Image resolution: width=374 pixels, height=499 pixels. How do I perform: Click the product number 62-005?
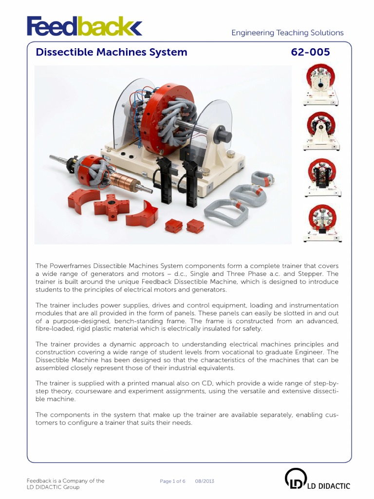tap(310, 52)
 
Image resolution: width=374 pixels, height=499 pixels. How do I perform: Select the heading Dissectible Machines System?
tap(112, 52)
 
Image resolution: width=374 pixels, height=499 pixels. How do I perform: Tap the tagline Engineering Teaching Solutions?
tap(287, 33)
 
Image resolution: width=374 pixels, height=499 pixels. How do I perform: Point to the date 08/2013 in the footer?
tap(205, 481)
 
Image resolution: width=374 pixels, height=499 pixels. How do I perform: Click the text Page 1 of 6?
tap(172, 481)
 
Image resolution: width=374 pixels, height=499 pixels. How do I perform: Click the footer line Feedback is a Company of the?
tap(65, 480)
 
